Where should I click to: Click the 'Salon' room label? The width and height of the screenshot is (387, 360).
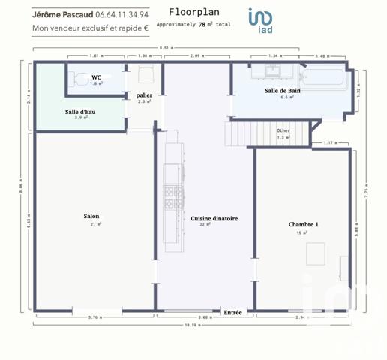[x=91, y=217]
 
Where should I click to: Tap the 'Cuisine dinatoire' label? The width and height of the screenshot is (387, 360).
[x=214, y=218]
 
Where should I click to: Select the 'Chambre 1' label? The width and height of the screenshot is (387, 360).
[x=304, y=225]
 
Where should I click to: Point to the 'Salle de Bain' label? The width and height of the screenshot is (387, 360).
[x=282, y=91]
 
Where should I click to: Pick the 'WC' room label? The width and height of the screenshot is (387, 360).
[x=97, y=77]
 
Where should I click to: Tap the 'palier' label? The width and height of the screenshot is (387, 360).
[x=145, y=95]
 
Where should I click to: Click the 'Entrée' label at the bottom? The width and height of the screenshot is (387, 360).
[x=232, y=312]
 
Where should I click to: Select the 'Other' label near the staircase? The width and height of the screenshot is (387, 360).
[x=283, y=131]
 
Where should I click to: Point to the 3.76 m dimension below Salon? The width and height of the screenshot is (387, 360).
[x=94, y=317]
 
